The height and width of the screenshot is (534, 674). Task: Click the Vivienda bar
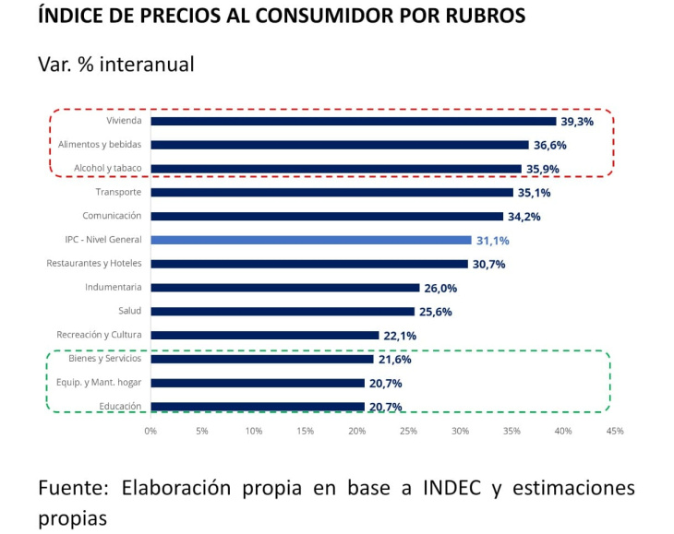point(353,121)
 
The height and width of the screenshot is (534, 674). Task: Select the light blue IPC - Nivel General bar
point(310,240)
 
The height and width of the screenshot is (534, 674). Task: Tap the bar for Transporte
point(331,192)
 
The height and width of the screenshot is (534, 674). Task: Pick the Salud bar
point(283,312)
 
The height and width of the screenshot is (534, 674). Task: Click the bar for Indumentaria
point(284,288)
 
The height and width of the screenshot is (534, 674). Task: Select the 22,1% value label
point(400,337)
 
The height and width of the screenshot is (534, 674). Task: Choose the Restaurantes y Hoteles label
point(93,263)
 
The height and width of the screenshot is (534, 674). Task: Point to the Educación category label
point(119,406)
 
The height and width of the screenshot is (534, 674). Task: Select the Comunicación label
point(112,215)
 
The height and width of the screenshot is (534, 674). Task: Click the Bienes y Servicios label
point(105,358)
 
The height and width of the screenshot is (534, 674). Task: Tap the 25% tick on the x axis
point(408,431)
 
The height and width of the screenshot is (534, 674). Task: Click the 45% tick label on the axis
point(615,431)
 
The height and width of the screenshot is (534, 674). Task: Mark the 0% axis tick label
point(150,431)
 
